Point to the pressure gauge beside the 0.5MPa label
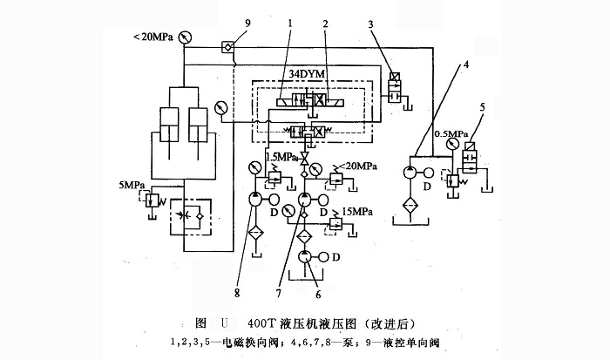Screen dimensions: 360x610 pos(453,145)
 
